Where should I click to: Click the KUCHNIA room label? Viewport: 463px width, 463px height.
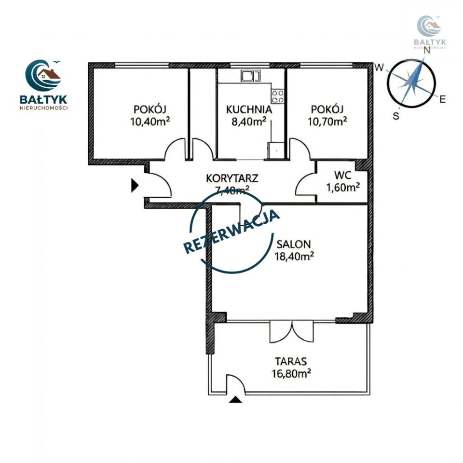click(249, 109)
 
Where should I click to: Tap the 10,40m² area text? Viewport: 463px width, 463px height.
click(150, 122)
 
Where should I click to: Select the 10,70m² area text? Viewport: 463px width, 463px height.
click(327, 122)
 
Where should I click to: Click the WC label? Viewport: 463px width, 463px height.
click(343, 175)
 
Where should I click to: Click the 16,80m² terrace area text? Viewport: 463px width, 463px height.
click(291, 373)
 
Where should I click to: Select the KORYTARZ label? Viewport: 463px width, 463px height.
click(232, 178)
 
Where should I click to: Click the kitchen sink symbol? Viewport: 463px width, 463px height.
click(250, 76)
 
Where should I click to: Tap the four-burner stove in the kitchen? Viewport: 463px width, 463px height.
click(278, 96)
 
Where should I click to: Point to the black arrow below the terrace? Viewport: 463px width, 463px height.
click(235, 399)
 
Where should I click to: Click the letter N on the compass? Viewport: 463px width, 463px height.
click(427, 51)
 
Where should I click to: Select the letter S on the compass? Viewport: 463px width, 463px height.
click(396, 116)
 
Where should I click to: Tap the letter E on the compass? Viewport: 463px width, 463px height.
click(442, 99)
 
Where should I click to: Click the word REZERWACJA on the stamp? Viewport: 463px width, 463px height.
click(232, 232)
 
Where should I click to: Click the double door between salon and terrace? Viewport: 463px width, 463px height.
click(292, 332)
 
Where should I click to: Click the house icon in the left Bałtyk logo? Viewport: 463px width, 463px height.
click(49, 74)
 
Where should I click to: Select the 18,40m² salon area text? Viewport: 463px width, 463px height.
click(294, 257)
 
